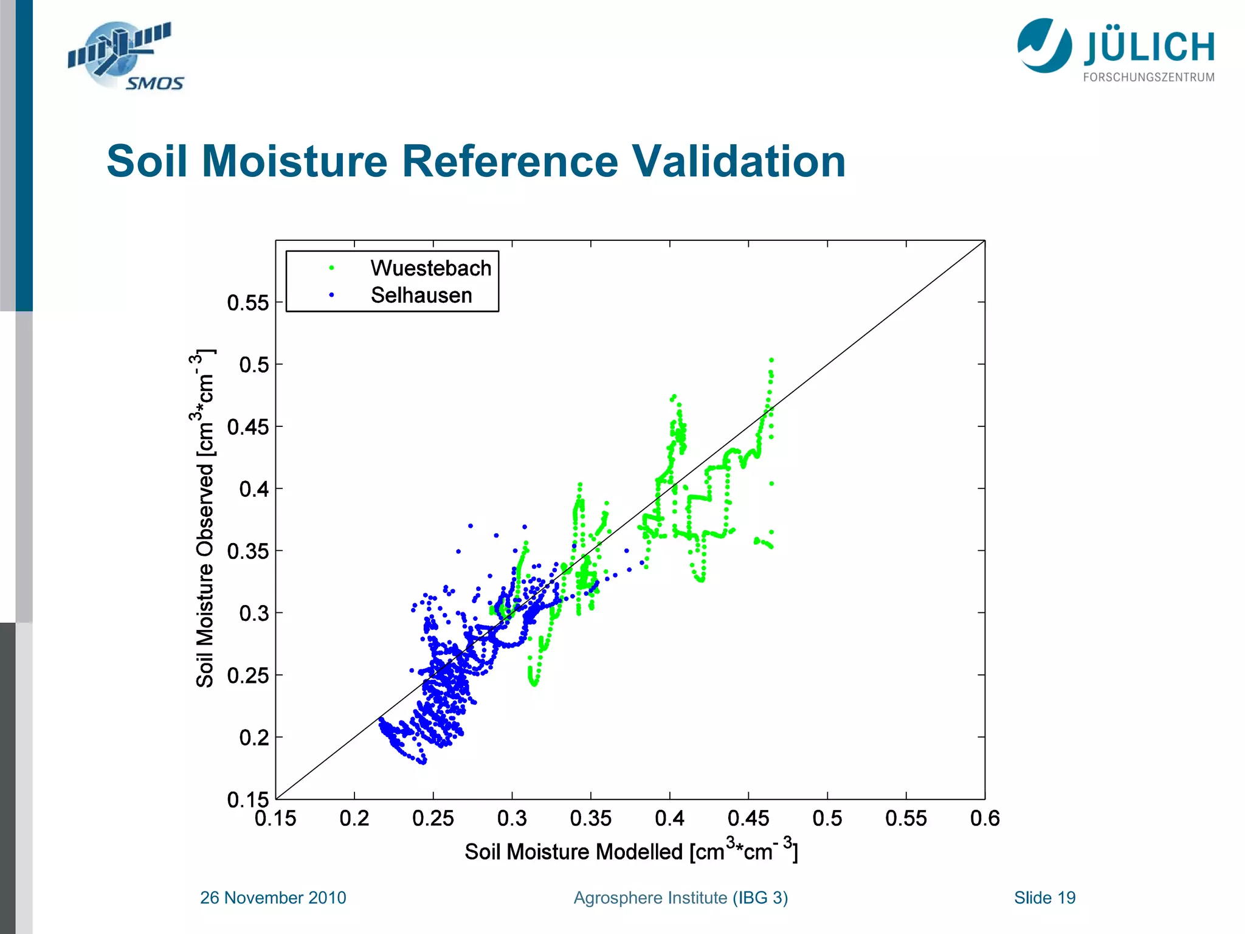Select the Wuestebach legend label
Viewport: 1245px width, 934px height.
(430, 268)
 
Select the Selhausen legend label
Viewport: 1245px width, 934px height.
(421, 296)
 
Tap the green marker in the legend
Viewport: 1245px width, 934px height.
(331, 268)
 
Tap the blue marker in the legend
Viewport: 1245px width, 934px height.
(331, 296)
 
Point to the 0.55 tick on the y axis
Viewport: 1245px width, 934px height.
(247, 303)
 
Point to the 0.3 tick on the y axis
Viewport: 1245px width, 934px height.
(253, 613)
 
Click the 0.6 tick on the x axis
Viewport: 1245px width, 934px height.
(984, 818)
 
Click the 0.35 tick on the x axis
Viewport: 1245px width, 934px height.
(590, 818)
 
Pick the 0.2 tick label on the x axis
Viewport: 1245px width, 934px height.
(354, 818)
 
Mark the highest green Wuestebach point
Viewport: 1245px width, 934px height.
(771, 360)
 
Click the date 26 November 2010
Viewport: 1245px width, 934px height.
(273, 898)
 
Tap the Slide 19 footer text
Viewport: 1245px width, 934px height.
(1044, 898)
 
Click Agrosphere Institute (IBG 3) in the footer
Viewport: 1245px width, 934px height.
(680, 898)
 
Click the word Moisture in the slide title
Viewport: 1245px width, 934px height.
(294, 162)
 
